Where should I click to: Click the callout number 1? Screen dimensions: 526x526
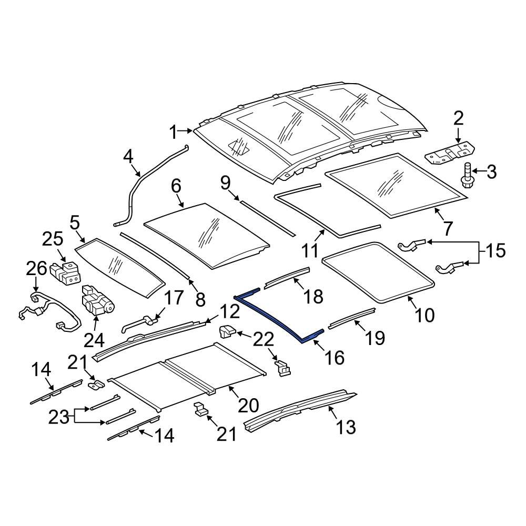click(174, 133)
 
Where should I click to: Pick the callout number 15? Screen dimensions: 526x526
click(494, 251)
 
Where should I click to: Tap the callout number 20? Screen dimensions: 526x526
click(248, 405)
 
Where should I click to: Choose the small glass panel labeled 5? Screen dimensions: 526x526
click(118, 266)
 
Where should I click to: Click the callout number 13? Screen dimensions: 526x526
click(345, 427)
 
